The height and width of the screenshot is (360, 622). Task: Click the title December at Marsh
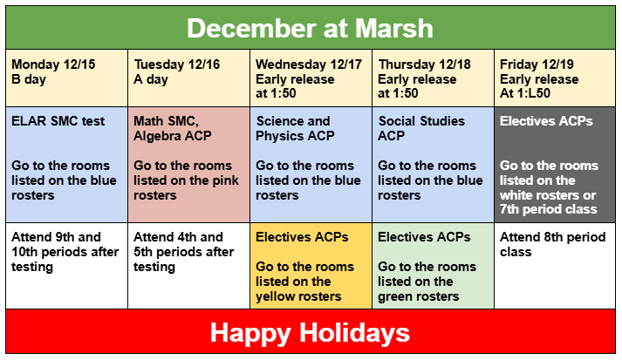(x=310, y=28)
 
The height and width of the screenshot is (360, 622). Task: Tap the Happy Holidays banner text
(x=310, y=332)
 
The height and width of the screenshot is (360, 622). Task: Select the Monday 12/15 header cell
(x=66, y=78)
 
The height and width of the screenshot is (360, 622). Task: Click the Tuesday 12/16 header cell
(x=188, y=78)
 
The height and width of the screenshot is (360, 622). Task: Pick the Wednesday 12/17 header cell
(x=311, y=78)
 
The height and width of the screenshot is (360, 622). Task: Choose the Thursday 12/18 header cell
(x=433, y=78)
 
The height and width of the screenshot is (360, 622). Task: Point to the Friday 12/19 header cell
(x=554, y=78)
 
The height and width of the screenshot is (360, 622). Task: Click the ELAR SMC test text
(x=58, y=121)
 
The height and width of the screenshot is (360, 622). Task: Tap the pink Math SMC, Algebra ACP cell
(x=188, y=164)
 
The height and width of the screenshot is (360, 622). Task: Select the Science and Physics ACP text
(x=295, y=128)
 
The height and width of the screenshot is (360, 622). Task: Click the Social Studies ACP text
(x=422, y=128)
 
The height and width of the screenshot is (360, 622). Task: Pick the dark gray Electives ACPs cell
(x=554, y=164)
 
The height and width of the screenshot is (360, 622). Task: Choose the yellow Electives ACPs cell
(x=311, y=266)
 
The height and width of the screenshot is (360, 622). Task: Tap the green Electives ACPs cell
(x=433, y=266)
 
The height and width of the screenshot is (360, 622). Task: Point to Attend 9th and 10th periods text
(x=56, y=251)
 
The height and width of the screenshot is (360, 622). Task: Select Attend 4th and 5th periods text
(x=183, y=251)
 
